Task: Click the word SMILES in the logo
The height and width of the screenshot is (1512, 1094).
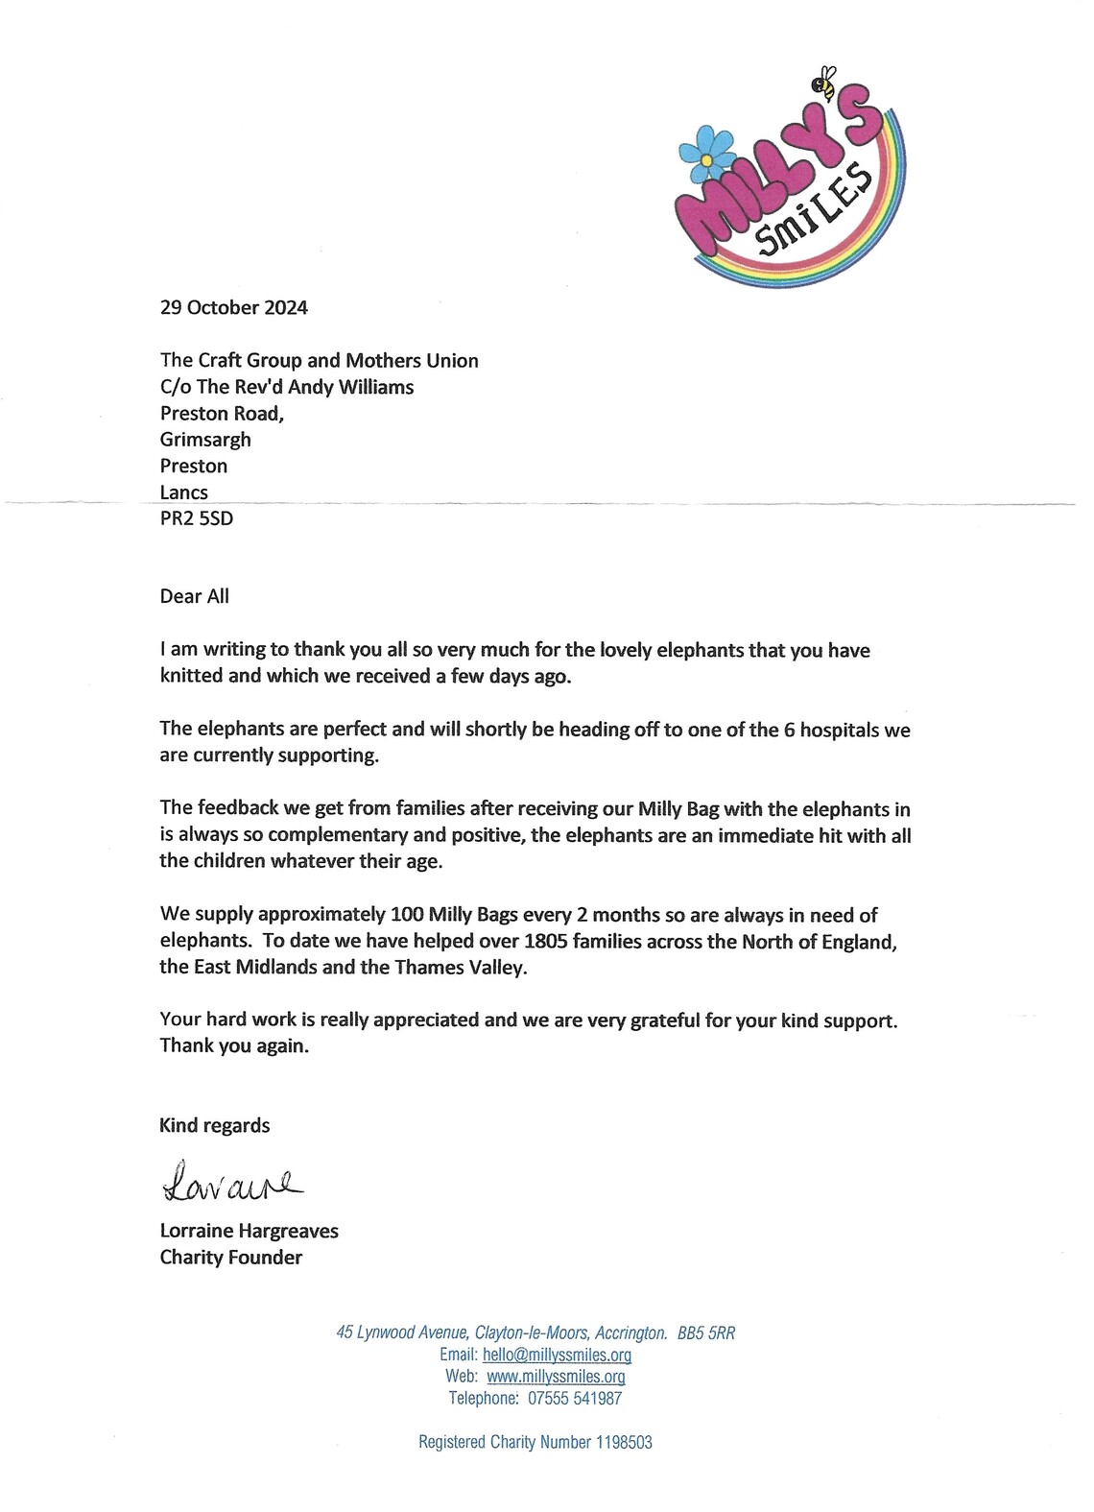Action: [x=814, y=214]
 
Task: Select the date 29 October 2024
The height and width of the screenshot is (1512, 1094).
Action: [x=234, y=308]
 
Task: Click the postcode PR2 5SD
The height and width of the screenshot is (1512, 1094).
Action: [x=197, y=518]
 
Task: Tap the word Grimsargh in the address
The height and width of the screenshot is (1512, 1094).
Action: [x=205, y=440]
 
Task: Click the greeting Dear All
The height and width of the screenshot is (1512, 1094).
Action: [x=195, y=596]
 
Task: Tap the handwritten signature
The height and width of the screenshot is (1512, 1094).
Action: [x=231, y=1182]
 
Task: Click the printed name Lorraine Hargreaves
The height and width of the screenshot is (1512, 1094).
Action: [x=250, y=1231]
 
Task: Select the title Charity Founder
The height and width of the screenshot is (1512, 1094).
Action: [x=231, y=1258]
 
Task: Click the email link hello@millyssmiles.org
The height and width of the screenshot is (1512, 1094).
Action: [x=557, y=1356]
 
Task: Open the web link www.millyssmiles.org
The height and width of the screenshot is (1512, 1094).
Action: [x=556, y=1377]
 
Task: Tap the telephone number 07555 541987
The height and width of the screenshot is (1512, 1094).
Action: [x=575, y=1399]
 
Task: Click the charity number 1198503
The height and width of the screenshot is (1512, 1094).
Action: [x=624, y=1442]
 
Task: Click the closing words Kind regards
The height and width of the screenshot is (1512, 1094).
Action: [x=215, y=1126]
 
